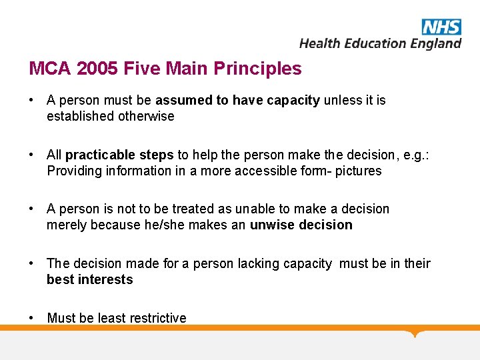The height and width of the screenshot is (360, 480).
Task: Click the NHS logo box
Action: (441, 26)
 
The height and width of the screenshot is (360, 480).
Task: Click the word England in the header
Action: (435, 43)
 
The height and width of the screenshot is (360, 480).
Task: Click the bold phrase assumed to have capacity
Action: (237, 100)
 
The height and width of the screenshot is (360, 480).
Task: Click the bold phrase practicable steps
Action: (120, 155)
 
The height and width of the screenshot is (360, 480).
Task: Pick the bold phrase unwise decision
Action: (301, 225)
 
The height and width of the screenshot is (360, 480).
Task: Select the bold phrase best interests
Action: (89, 279)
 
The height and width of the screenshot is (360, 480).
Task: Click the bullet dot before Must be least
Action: (31, 318)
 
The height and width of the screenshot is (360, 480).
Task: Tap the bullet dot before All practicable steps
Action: (31, 155)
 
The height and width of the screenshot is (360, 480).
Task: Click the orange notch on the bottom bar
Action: (416, 333)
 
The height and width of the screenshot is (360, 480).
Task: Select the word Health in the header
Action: (318, 43)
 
